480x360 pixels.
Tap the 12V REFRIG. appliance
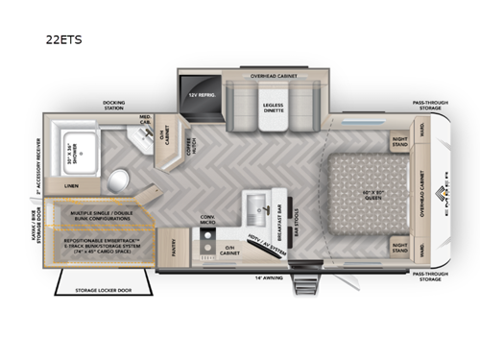[201, 94]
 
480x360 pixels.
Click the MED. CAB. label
[144, 120]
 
